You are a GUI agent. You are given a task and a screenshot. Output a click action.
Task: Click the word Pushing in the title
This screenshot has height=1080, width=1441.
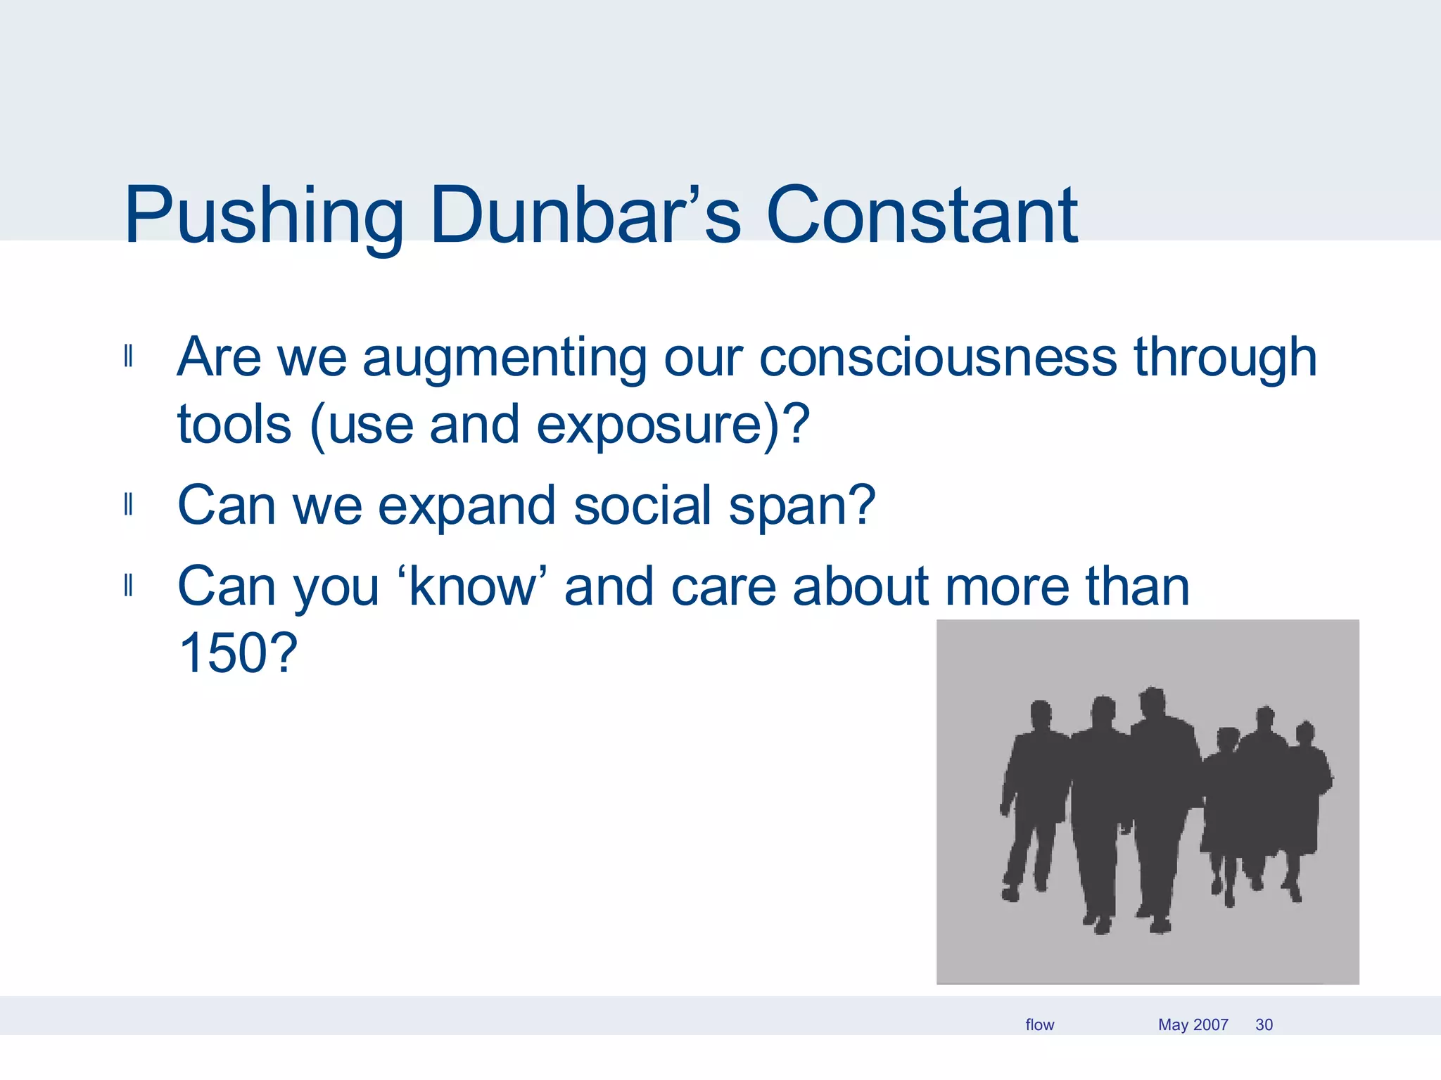(x=264, y=217)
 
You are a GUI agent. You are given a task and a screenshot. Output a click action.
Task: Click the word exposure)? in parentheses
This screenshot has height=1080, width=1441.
(x=673, y=425)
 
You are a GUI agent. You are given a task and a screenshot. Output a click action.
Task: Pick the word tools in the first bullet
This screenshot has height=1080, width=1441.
(x=234, y=425)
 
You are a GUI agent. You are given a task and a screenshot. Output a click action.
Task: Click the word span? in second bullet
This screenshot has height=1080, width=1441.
(x=802, y=506)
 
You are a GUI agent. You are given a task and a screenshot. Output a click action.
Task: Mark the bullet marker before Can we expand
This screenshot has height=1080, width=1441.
(x=128, y=504)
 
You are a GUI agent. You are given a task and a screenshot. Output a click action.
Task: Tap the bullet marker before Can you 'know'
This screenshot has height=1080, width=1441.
(x=128, y=585)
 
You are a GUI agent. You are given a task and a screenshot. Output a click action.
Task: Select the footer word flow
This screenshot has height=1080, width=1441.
(x=1039, y=1024)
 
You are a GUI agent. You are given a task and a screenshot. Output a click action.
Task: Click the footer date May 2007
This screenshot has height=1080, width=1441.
(x=1193, y=1024)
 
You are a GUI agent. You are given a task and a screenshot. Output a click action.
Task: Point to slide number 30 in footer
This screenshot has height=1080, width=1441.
(x=1264, y=1024)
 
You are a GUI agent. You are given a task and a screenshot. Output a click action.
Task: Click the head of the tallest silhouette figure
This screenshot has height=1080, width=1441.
(x=1152, y=700)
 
